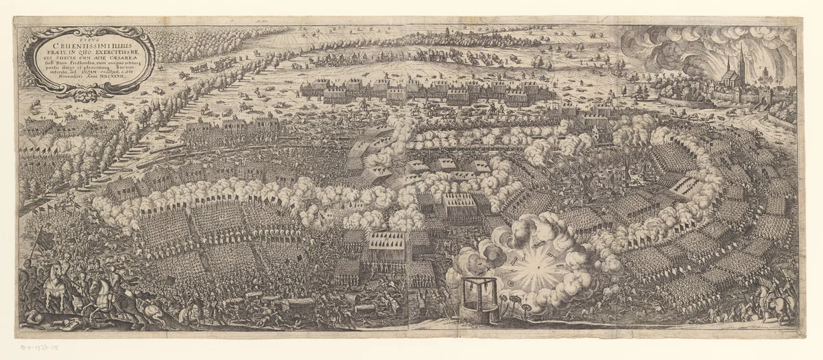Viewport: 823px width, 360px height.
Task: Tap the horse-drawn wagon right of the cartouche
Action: (x=199, y=67)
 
